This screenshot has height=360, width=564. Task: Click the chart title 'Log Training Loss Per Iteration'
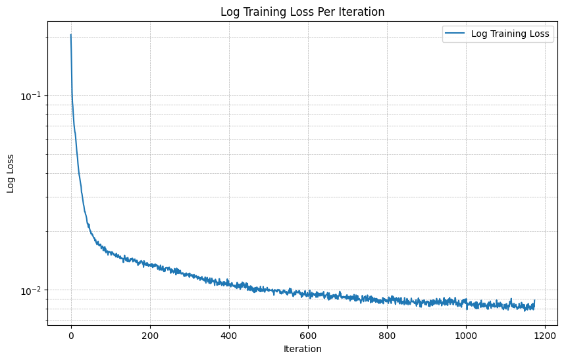pos(302,12)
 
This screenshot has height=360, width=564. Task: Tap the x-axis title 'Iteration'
pos(302,349)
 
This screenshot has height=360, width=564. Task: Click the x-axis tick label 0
pos(71,334)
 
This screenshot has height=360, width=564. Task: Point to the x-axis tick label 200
pos(150,334)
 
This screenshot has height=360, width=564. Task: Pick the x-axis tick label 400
pos(229,334)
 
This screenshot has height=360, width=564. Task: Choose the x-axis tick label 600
pos(308,334)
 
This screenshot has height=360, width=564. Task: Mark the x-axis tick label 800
pos(387,334)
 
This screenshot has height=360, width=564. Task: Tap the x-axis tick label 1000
pos(466,334)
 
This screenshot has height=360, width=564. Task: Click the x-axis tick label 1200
pos(545,334)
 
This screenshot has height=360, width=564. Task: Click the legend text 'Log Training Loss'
pos(511,35)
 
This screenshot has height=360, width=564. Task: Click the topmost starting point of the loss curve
pos(71,35)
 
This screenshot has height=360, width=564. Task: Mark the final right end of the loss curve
pos(534,301)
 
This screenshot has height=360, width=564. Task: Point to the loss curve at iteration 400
pos(229,283)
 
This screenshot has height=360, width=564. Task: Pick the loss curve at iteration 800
pos(387,300)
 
